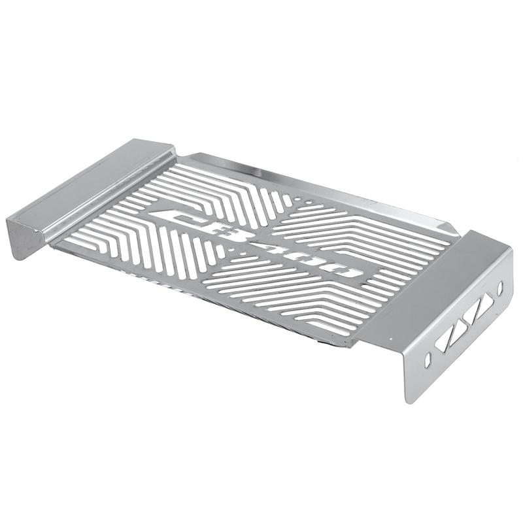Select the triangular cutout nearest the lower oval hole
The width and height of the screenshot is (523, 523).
[445, 341]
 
